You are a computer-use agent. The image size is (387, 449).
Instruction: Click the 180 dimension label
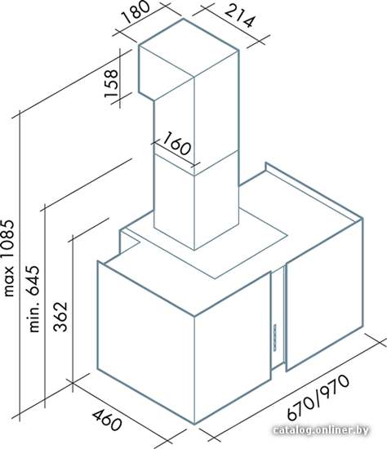(x=136, y=11)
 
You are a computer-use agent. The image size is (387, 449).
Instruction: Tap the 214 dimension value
(x=240, y=16)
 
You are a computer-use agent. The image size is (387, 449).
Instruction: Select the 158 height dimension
(x=111, y=83)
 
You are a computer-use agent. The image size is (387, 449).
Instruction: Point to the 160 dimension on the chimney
(x=176, y=143)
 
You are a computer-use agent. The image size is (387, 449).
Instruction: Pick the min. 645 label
(x=34, y=299)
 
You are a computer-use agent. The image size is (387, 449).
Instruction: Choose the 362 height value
(x=60, y=316)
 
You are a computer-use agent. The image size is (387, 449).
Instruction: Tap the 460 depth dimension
(x=107, y=420)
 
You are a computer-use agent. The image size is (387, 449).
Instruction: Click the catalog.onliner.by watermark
(x=321, y=430)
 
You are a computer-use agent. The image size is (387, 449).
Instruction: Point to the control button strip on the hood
(x=275, y=337)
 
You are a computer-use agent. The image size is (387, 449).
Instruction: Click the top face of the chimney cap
(x=189, y=47)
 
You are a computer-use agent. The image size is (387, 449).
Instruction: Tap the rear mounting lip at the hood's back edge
(x=314, y=192)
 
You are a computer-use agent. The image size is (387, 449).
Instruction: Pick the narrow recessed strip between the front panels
(x=278, y=318)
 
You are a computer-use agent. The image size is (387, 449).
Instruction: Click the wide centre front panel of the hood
(x=233, y=348)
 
